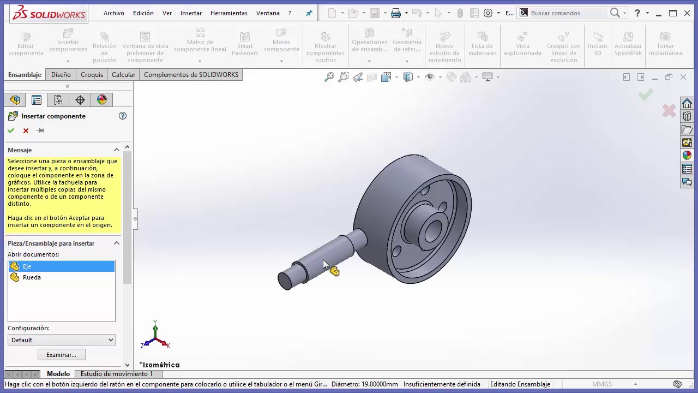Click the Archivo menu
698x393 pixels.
113,13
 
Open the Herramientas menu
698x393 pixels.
228,13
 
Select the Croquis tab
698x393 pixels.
92,75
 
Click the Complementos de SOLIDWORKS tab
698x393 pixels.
191,75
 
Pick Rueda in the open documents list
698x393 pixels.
32,277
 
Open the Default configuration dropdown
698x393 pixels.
62,340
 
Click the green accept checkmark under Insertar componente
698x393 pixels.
11,130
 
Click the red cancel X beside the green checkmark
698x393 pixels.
26,130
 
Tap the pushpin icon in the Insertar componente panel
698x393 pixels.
40,130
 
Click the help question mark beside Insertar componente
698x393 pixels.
123,116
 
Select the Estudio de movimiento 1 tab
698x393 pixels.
117,374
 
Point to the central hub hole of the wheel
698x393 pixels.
432,231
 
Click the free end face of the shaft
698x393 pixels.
285,281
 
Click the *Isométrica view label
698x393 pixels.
159,365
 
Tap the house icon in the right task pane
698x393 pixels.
687,103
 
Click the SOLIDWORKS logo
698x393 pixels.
49,13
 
